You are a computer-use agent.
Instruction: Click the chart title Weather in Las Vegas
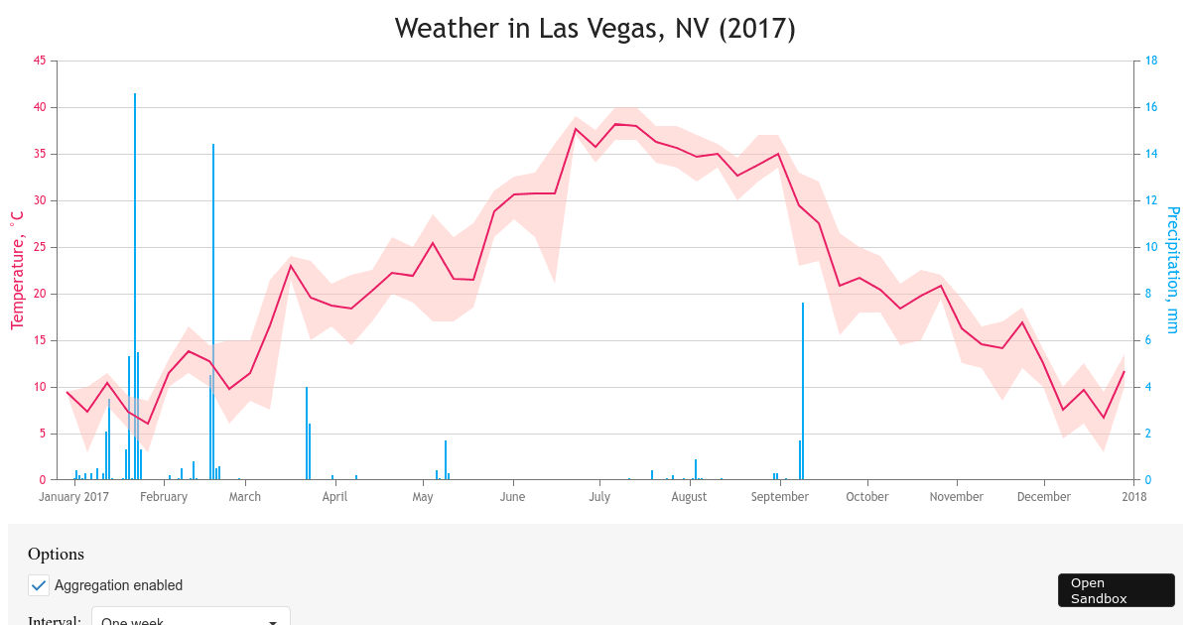[595, 29]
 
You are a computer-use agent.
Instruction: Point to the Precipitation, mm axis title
[1173, 270]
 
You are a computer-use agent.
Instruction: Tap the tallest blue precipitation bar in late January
[135, 288]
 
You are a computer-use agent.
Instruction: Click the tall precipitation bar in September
[803, 392]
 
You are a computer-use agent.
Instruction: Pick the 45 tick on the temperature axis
[40, 61]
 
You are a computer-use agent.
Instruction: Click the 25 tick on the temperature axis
[40, 247]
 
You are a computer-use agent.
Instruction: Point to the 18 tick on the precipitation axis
[1152, 61]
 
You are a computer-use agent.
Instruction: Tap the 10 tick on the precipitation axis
[1152, 247]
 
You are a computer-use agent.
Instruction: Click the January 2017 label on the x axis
[74, 497]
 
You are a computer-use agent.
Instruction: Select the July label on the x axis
[599, 497]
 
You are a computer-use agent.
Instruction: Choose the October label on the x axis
[867, 497]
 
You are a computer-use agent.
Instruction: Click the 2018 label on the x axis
[1134, 497]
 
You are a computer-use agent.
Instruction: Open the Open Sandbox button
[1116, 590]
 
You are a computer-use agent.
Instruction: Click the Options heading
[56, 555]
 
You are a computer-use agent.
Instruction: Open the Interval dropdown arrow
[273, 622]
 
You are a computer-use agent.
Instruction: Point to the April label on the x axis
[334, 497]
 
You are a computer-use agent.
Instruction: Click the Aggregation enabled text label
[118, 585]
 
